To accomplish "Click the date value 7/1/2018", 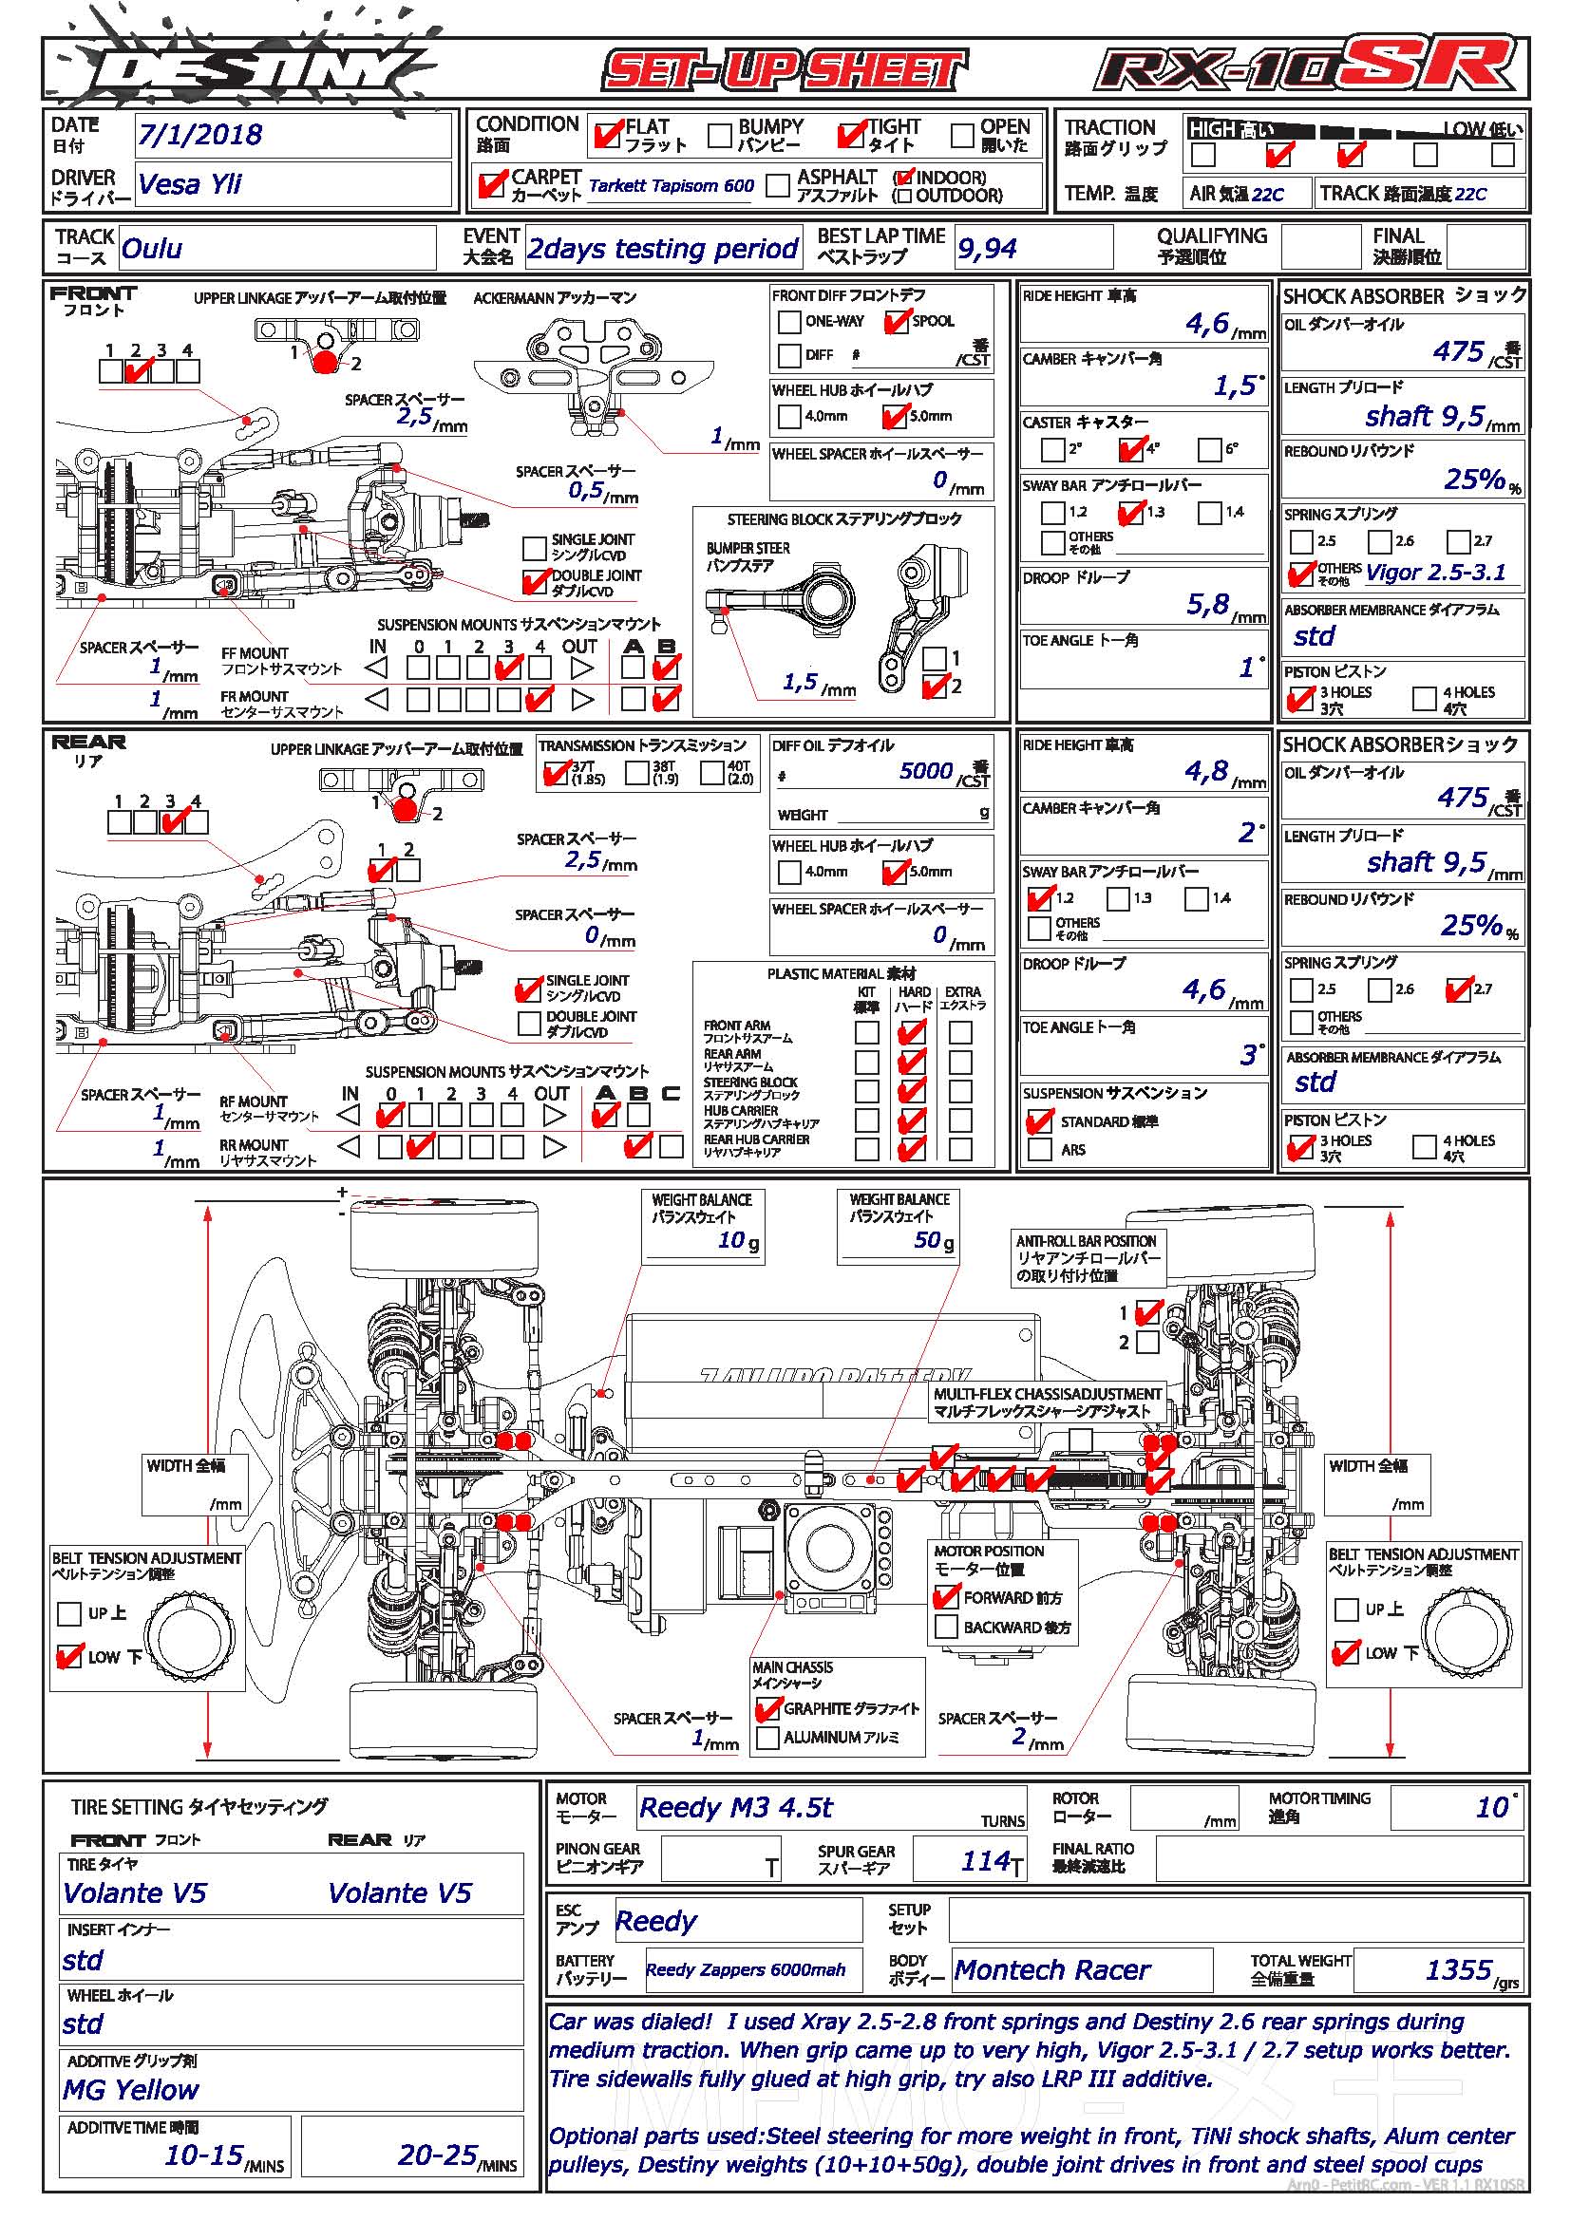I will (199, 135).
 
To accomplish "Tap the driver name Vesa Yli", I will (190, 184).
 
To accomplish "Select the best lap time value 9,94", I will (987, 250).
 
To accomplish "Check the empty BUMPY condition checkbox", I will (720, 136).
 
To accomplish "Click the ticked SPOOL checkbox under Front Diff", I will (898, 321).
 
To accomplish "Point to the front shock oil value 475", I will (1459, 351).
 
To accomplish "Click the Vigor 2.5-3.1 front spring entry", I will (1435, 573).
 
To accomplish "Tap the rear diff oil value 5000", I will (926, 771).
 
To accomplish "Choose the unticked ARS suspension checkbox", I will (1040, 1149).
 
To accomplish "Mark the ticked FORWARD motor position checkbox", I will (946, 1597).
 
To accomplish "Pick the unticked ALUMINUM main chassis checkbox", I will (768, 1738).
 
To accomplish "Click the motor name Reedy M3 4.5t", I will (735, 1808).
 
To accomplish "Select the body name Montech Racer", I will (1052, 1970).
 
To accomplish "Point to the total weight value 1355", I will (1459, 1969).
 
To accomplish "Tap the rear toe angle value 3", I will (1248, 1055).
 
